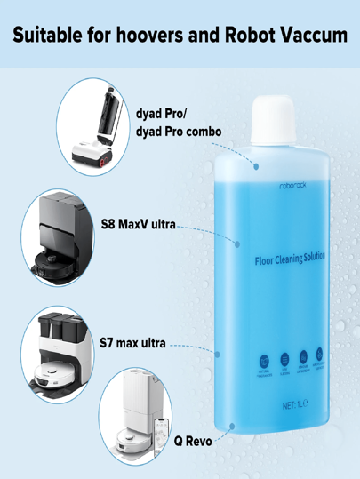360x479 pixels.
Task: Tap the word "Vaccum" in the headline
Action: (x=312, y=36)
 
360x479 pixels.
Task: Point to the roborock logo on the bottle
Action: (x=291, y=187)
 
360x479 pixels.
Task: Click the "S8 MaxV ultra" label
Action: (x=138, y=223)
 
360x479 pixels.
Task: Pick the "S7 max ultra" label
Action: (x=132, y=342)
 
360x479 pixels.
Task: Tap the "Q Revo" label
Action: (x=193, y=441)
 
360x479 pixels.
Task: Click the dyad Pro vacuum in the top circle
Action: (x=98, y=129)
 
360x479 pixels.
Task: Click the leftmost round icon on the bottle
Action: (x=264, y=361)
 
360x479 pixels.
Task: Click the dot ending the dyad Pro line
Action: (x=256, y=165)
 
